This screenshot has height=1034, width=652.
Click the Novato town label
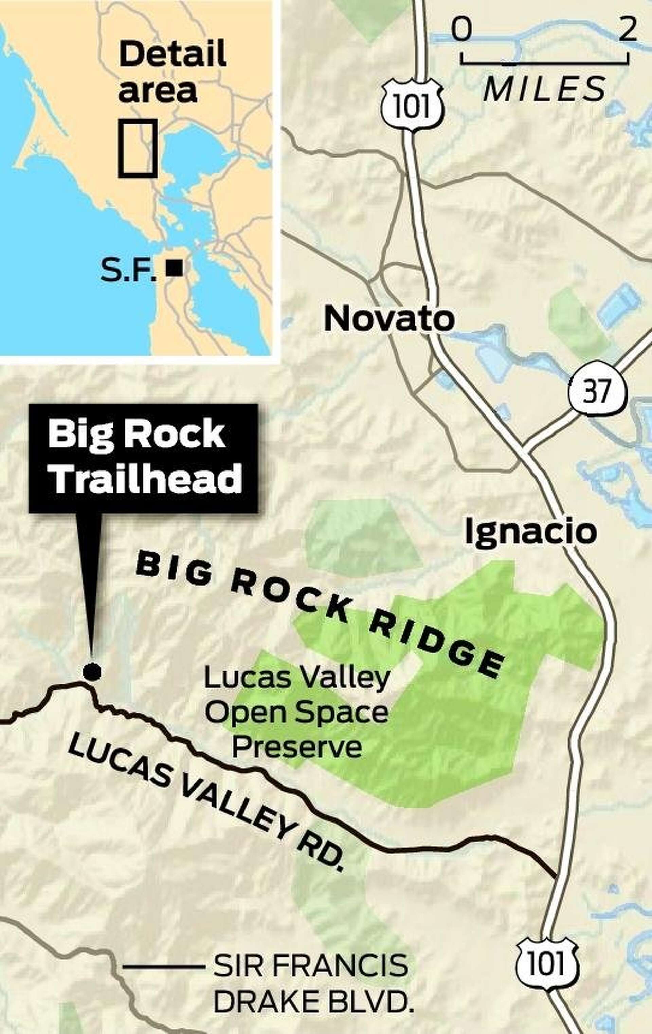pos(389,319)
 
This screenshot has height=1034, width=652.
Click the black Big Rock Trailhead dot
pos(92,671)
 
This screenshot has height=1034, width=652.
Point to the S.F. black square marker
pos(176,269)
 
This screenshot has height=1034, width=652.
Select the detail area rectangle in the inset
pos(138,148)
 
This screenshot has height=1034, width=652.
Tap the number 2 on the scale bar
pos(628,31)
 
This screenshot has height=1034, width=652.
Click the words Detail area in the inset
pos(172,71)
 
